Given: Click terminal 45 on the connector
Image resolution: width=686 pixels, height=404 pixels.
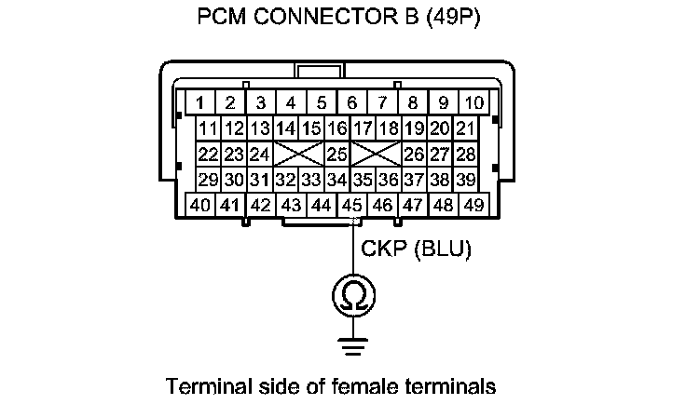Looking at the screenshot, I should pyautogui.click(x=352, y=205).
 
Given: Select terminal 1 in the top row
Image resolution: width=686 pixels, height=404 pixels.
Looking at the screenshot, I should pyautogui.click(x=200, y=102).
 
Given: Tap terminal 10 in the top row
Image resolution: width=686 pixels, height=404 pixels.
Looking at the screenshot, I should pyautogui.click(x=474, y=102).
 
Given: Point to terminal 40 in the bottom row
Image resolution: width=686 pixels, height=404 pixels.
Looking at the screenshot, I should pyautogui.click(x=200, y=205).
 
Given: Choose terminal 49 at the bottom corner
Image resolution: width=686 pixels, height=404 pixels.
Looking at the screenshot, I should pyautogui.click(x=474, y=205).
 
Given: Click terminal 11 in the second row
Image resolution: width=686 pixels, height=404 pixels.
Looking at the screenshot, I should pyautogui.click(x=209, y=128).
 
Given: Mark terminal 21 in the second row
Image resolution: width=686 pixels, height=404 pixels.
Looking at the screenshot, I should pyautogui.click(x=466, y=128).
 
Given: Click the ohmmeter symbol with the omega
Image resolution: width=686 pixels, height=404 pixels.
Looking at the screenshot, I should pyautogui.click(x=352, y=297).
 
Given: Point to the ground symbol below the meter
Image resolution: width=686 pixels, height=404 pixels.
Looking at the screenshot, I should pyautogui.click(x=352, y=346).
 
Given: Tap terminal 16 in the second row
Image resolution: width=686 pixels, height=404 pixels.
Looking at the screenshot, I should pyautogui.click(x=337, y=128).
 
